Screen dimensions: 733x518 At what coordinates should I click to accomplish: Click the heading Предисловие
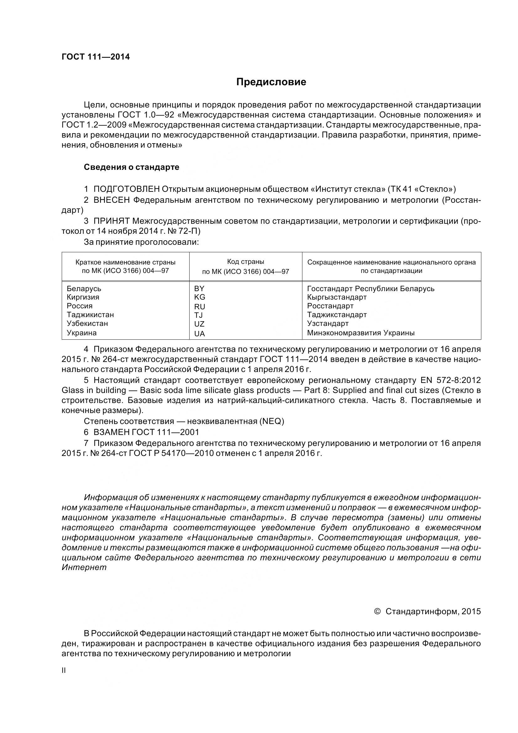[271, 82]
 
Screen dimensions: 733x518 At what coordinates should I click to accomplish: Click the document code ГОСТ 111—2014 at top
[96, 57]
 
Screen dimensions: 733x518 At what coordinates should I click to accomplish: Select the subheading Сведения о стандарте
[132, 167]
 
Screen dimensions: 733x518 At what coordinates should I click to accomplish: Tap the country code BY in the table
[199, 289]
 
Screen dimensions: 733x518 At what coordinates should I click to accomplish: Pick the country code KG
[200, 297]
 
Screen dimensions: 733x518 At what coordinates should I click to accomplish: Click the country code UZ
[199, 324]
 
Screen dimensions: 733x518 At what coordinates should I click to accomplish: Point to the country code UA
[200, 334]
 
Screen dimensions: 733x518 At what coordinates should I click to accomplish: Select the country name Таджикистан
[90, 315]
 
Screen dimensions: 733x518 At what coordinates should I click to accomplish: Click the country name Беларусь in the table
[84, 289]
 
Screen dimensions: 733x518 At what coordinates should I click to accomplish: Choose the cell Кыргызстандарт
[337, 297]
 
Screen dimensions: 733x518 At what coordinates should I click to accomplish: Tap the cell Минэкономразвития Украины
[361, 333]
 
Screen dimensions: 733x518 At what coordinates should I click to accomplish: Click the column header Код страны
[245, 262]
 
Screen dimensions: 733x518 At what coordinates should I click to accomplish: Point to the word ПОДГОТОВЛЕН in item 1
[126, 189]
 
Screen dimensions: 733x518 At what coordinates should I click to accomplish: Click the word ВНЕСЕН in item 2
[112, 200]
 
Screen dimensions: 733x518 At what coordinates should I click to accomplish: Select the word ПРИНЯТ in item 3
[111, 221]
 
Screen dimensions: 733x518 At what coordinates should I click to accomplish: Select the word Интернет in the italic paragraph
[84, 568]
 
